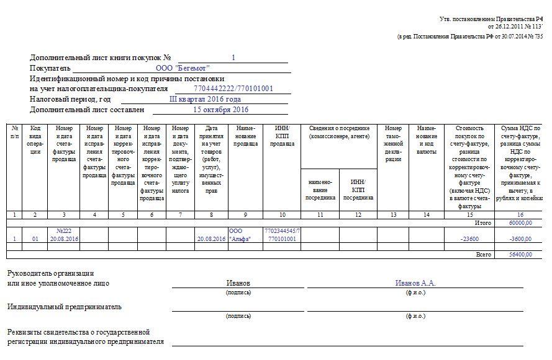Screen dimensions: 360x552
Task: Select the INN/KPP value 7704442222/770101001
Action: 233,89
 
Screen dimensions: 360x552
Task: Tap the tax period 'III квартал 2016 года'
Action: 205,99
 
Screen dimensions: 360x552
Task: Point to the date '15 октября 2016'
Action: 220,110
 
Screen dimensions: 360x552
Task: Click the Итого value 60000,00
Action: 520,222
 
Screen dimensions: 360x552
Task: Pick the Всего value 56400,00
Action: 520,254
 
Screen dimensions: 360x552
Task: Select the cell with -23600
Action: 469,239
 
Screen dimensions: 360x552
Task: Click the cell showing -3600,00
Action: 520,239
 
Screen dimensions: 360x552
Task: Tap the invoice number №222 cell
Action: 64,234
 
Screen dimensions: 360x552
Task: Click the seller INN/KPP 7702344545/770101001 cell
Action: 283,234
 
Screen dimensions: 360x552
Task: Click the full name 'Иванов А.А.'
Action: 415,283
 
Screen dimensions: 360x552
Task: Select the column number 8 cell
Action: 212,214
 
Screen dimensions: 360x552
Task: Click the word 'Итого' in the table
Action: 482,222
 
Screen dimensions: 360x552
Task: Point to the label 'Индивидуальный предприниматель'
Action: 65,307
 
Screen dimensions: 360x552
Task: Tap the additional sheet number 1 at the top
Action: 233,58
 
